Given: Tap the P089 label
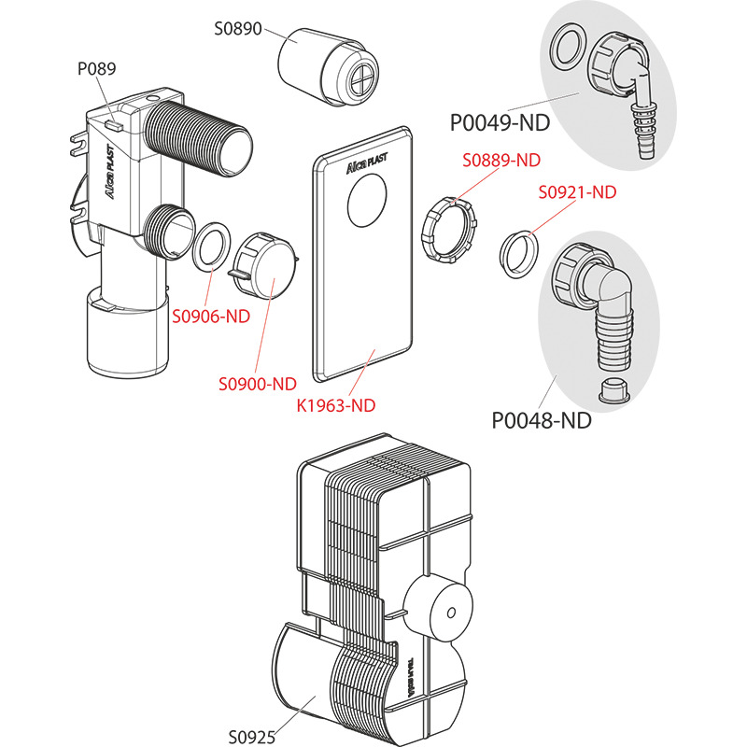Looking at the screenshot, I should point(95,67).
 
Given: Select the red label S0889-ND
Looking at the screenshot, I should point(501,160).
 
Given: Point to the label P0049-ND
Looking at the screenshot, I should point(500,121).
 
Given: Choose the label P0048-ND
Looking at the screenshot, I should point(542,420).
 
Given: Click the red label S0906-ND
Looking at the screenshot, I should point(211,316).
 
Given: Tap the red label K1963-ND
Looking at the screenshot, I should point(335,405).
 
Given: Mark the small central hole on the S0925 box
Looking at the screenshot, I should point(451,613).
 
